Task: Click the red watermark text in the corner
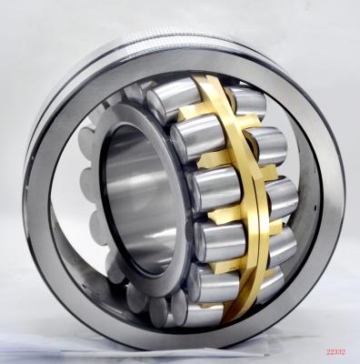pyautogui.click(x=336, y=352)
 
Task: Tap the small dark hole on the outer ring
pyautogui.click(x=315, y=208)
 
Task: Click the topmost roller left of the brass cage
pyautogui.click(x=173, y=99)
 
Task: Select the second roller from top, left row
pyautogui.click(x=197, y=138)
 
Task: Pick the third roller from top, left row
pyautogui.click(x=215, y=188)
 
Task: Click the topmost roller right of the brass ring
pyautogui.click(x=247, y=101)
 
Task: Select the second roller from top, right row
pyautogui.click(x=266, y=146)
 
